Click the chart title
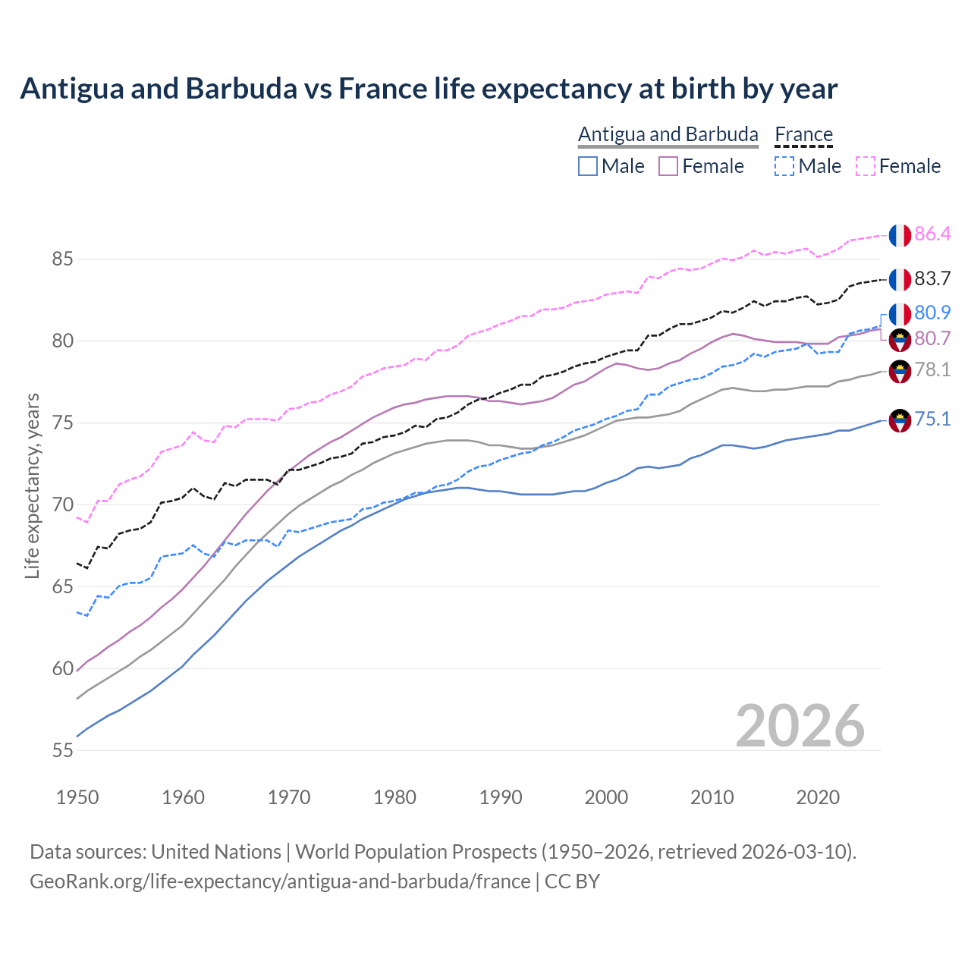click(429, 89)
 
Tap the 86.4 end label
click(932, 234)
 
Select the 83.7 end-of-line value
click(932, 279)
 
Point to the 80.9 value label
click(932, 313)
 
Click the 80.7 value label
click(932, 339)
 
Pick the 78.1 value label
click(932, 370)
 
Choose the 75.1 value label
click(932, 420)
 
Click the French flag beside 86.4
click(900, 235)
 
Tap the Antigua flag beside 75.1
click(900, 420)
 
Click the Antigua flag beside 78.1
click(900, 372)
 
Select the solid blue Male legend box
click(588, 166)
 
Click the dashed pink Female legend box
click(866, 166)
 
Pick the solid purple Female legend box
click(668, 166)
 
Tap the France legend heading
click(803, 134)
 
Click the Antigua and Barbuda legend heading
click(668, 134)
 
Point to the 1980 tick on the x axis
click(394, 797)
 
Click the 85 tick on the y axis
click(62, 259)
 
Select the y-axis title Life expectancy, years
click(32, 485)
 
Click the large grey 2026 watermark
click(800, 726)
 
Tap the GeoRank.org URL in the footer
click(280, 881)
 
